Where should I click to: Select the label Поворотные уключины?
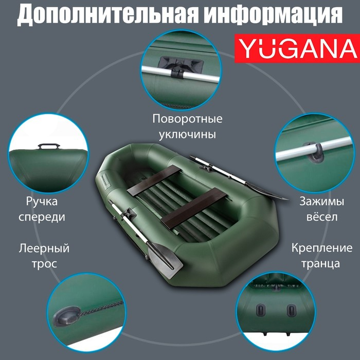point(187,127)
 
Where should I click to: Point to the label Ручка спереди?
point(42,209)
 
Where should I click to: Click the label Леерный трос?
point(44,256)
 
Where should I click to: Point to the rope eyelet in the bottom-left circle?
point(69,312)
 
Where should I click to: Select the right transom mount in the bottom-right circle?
point(292,310)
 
